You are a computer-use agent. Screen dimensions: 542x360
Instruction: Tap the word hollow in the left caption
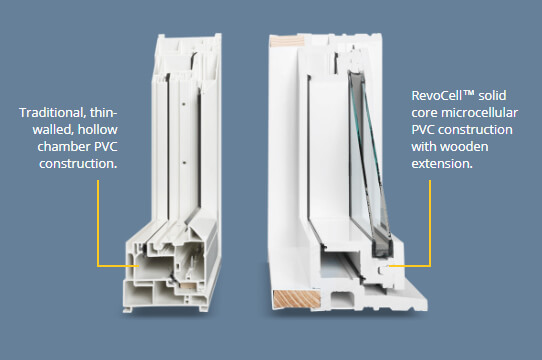(x=97, y=130)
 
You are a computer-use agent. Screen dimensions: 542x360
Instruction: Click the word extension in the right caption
(x=441, y=164)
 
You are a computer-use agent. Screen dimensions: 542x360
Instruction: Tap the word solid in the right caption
(x=492, y=95)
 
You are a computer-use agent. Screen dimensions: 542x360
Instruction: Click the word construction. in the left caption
(x=78, y=164)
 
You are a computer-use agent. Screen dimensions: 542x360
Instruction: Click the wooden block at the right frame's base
(x=297, y=299)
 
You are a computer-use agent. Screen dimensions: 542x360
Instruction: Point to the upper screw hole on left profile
(x=184, y=103)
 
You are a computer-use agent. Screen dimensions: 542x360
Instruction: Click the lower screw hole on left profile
(x=184, y=162)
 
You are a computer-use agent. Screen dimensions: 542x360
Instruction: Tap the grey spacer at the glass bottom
(x=382, y=248)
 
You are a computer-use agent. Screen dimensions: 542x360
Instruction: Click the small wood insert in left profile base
(x=188, y=286)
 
